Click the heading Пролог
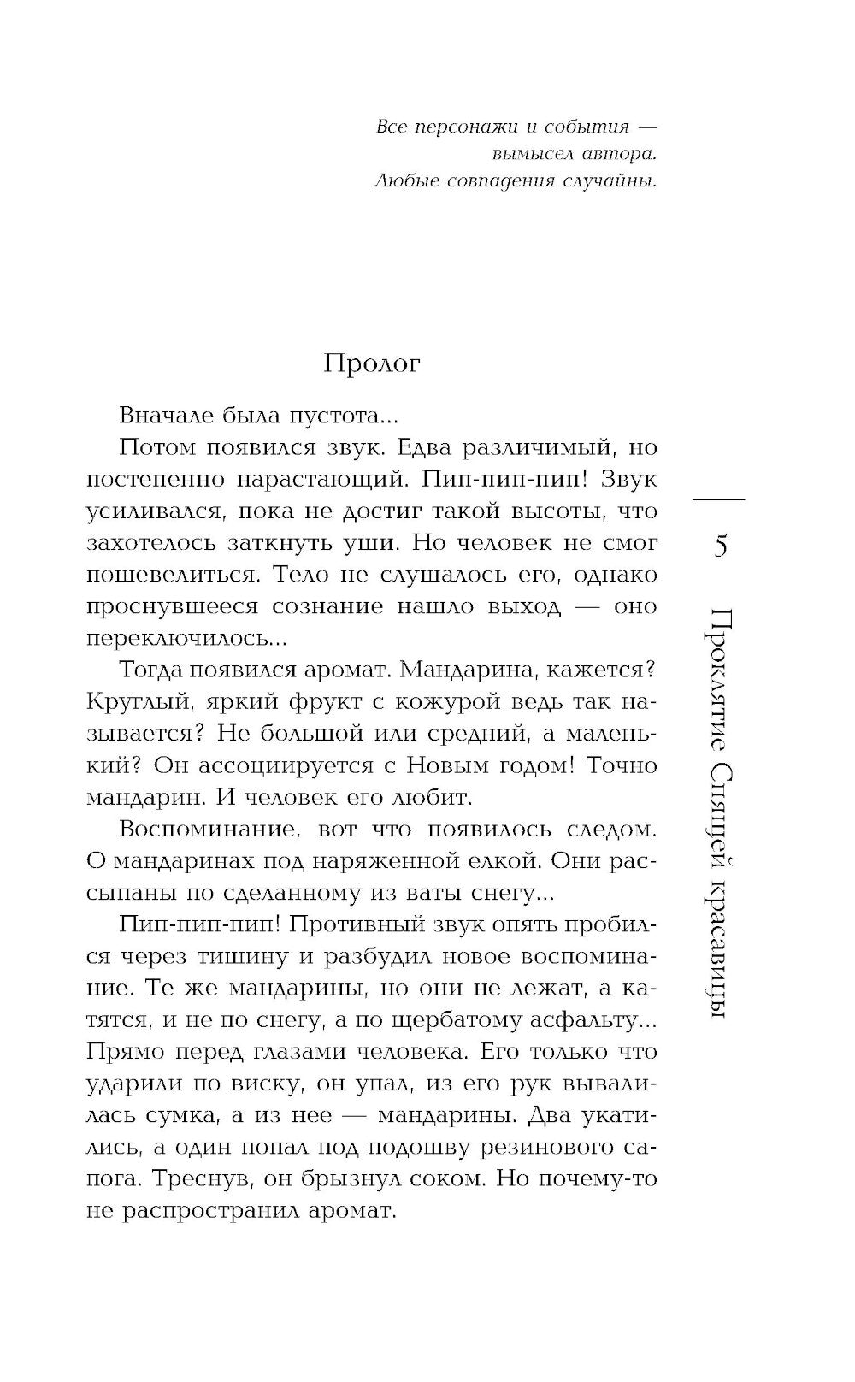click(372, 364)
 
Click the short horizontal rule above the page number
click(719, 498)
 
